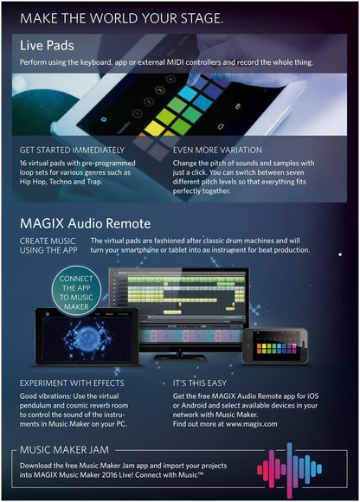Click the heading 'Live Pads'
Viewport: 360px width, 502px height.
47,45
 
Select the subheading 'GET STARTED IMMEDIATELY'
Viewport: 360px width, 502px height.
74,150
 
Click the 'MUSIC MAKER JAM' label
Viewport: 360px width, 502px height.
68,452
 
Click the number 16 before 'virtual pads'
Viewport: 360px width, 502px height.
25,162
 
